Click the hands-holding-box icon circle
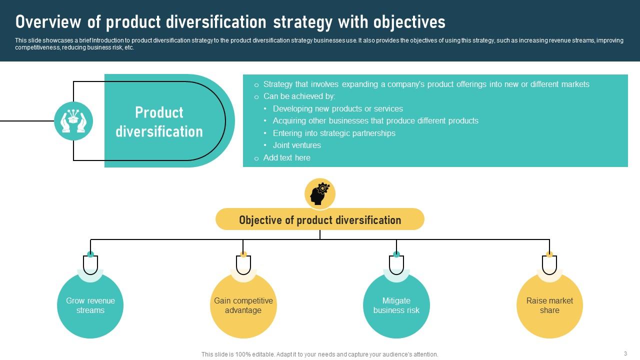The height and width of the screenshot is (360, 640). click(x=73, y=121)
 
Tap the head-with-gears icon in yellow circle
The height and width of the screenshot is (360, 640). click(x=320, y=194)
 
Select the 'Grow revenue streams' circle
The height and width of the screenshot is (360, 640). click(x=90, y=305)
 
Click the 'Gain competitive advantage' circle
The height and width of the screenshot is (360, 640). click(x=243, y=305)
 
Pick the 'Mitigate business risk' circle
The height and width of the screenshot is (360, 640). click(x=396, y=305)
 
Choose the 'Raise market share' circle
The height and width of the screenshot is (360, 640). click(x=549, y=305)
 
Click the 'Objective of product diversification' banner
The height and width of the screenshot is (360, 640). click(x=320, y=219)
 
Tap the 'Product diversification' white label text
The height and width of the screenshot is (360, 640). click(x=159, y=121)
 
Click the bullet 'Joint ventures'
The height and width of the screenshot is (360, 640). click(x=296, y=145)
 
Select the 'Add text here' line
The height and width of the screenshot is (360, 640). click(x=286, y=157)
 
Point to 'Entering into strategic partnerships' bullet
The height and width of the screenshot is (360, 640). click(x=333, y=133)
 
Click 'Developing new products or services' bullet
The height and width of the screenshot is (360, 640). click(x=337, y=108)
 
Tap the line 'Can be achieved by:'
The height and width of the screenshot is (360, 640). click(x=299, y=96)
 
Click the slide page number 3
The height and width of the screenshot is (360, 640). click(x=625, y=353)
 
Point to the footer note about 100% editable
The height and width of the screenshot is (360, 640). click(x=320, y=354)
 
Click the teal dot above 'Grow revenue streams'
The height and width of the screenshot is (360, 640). click(x=90, y=254)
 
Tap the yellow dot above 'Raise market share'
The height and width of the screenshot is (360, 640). click(x=549, y=254)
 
